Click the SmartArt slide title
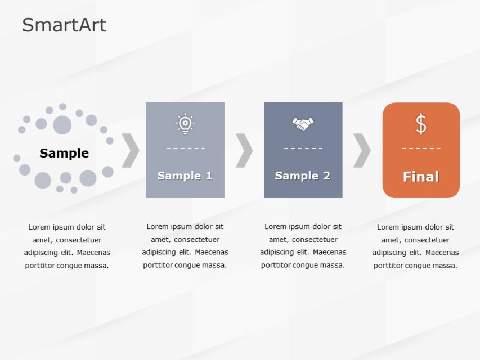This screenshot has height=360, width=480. [x=64, y=25]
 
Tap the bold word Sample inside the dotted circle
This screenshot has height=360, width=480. [x=64, y=153]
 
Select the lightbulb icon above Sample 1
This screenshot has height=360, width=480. [x=185, y=124]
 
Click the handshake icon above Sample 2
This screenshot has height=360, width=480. [x=303, y=123]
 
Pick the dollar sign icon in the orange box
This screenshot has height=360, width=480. [x=421, y=124]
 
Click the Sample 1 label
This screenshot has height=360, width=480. [x=185, y=175]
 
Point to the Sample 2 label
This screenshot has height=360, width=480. [x=303, y=175]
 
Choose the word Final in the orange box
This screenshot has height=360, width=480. [x=421, y=177]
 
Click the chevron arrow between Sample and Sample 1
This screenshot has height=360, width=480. [x=131, y=151]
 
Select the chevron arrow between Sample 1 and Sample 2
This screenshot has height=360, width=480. [x=244, y=151]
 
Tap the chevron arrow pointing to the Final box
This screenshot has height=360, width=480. [x=362, y=151]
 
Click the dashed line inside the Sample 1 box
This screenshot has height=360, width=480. [x=185, y=148]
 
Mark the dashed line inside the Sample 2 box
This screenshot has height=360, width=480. [x=303, y=148]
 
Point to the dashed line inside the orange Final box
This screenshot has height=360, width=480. [x=421, y=148]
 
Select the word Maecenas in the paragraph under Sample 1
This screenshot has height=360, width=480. [x=210, y=252]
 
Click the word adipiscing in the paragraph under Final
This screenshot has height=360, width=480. [x=391, y=253]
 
